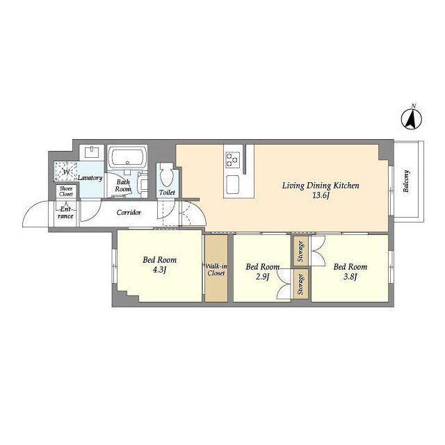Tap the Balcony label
click(406, 181)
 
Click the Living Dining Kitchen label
click(321, 186)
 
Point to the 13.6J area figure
click(321, 195)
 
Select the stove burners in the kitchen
click(233, 159)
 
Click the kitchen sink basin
click(233, 184)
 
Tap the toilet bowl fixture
click(167, 175)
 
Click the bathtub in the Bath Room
click(127, 158)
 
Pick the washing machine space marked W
click(66, 172)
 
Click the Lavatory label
click(90, 178)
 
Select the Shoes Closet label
click(66, 192)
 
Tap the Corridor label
click(129, 212)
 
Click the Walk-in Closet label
click(216, 270)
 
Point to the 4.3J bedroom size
click(159, 270)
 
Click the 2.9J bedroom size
click(262, 277)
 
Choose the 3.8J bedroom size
click(350, 277)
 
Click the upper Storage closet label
click(301, 251)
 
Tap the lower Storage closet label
click(301, 284)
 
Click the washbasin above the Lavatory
click(92, 152)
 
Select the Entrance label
click(65, 213)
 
